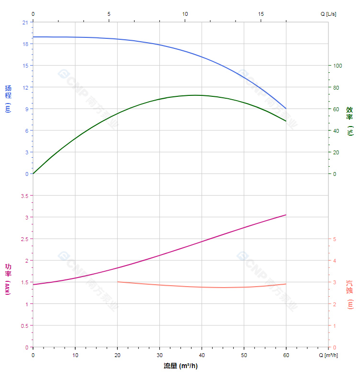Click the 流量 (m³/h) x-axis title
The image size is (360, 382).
point(180,366)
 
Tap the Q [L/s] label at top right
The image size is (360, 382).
point(328,14)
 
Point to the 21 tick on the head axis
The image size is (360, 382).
point(25,22)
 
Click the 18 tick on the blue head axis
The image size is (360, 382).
point(25,44)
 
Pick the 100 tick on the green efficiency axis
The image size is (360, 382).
point(337,66)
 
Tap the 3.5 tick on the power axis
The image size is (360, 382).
point(24,196)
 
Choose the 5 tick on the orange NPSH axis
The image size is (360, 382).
point(335,239)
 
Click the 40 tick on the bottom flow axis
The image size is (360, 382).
point(202,355)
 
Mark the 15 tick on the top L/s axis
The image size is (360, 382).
point(261,14)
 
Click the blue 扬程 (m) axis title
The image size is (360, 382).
point(8,98)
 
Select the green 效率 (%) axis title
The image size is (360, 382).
point(350,120)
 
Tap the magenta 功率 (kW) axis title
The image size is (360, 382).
point(8,279)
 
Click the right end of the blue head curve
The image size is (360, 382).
point(286,108)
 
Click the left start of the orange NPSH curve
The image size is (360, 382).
point(118,282)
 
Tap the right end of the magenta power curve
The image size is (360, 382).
point(286,215)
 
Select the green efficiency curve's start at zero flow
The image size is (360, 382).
point(33,174)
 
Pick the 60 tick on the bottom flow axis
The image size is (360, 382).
point(286,355)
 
